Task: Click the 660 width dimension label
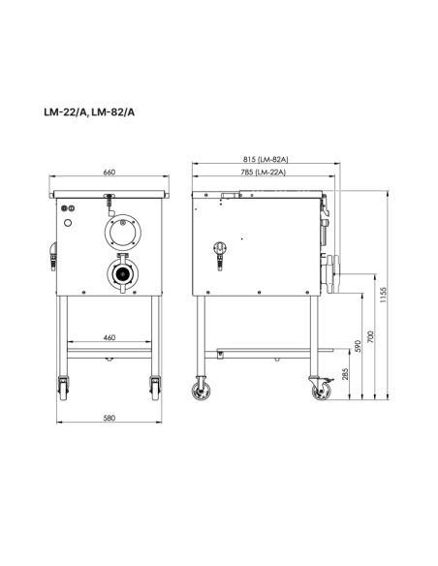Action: point(109,173)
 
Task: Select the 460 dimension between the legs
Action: point(109,337)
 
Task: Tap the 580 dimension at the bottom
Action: point(109,418)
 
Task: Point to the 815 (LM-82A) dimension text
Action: point(266,159)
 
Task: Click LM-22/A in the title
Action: point(64,111)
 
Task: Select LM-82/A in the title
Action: point(114,111)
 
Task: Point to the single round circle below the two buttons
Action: point(69,223)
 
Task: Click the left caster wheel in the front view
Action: point(65,388)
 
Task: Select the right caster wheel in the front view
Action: point(153,388)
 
